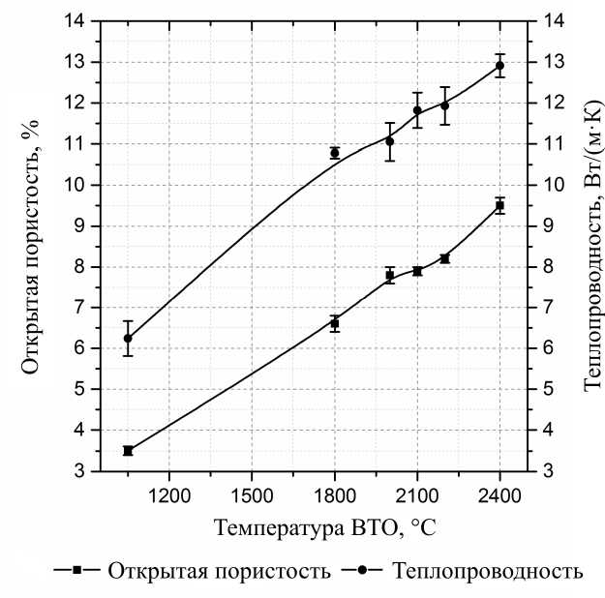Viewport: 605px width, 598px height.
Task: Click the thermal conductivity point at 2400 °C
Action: pyautogui.click(x=499, y=66)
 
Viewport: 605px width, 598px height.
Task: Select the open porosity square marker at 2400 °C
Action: pyautogui.click(x=499, y=205)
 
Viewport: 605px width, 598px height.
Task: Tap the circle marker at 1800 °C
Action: pyautogui.click(x=335, y=153)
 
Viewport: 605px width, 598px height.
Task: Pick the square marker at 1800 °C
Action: pyautogui.click(x=335, y=323)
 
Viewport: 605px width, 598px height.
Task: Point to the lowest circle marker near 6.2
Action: pyautogui.click(x=128, y=338)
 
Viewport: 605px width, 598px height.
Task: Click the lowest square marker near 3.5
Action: pyautogui.click(x=128, y=450)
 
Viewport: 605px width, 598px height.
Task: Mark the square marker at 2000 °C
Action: pyautogui.click(x=390, y=275)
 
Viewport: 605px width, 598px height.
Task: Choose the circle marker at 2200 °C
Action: pyautogui.click(x=444, y=105)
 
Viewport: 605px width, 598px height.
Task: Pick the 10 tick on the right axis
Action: pyautogui.click(x=547, y=185)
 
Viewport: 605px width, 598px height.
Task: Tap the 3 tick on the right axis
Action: pyautogui.click(x=543, y=471)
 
